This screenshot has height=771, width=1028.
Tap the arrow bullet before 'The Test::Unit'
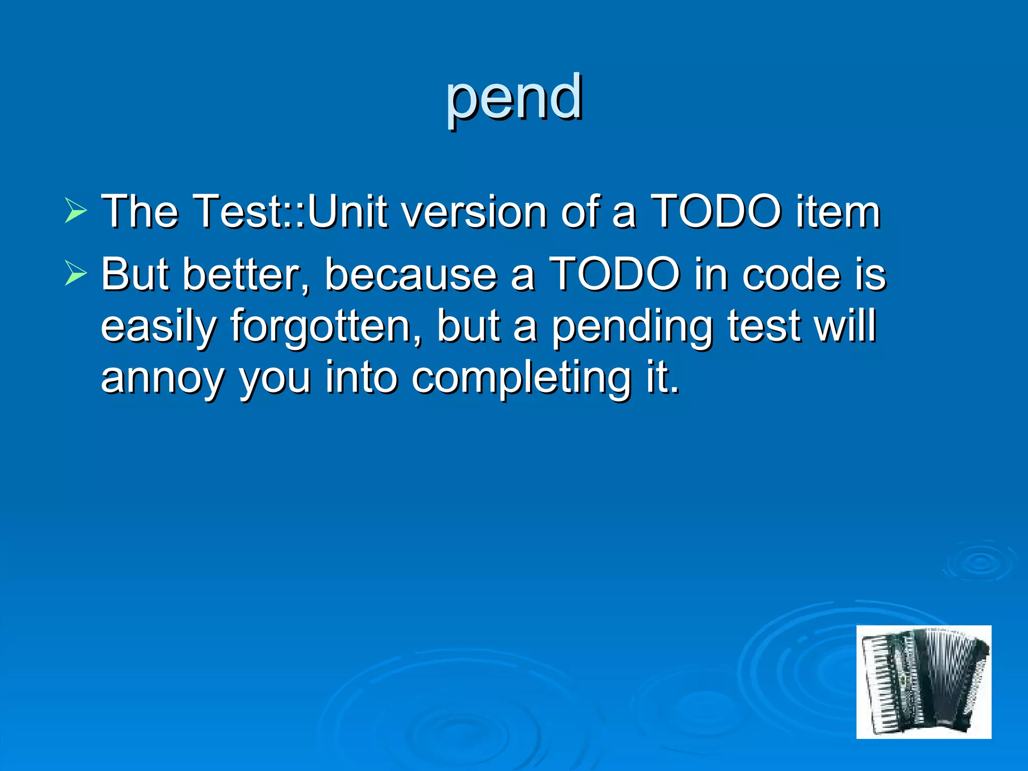coord(75,211)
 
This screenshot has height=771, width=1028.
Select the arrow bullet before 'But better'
coord(75,275)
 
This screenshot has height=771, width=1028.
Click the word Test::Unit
coord(290,211)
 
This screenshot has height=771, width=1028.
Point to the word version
coord(474,211)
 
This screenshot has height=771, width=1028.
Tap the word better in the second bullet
coord(246,275)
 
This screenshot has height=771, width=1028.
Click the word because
coord(410,275)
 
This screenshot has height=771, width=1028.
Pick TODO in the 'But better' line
coord(615,275)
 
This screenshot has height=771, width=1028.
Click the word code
coord(791,275)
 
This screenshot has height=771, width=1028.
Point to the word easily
coord(159,326)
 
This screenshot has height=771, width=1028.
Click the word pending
coord(632,326)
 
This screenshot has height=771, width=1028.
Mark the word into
coord(361,377)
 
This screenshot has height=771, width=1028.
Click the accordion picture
coord(924,682)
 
